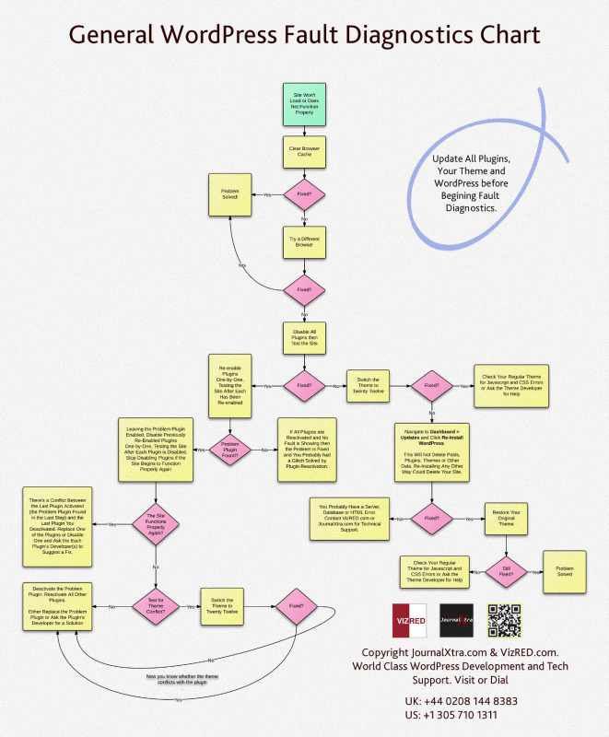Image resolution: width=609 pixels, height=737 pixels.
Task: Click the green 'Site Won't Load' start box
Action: coord(304,102)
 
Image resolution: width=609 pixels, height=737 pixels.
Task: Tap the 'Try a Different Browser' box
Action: coord(304,243)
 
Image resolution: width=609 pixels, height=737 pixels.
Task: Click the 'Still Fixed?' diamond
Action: coord(506,571)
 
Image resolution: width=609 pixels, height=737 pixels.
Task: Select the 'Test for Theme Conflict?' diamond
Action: coord(155,607)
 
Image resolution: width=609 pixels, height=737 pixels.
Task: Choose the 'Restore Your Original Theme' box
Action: coord(506,519)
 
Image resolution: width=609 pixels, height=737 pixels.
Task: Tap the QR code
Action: coord(504,621)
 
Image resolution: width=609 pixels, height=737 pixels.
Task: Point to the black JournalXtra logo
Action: coord(456,621)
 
